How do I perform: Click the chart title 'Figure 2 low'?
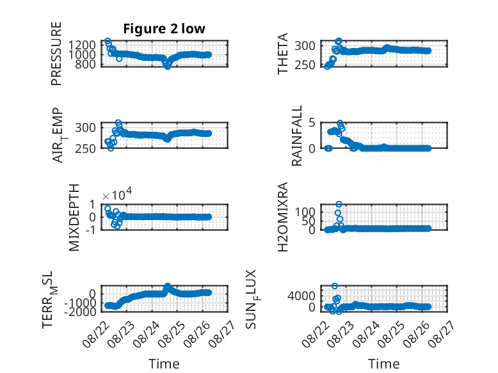pos(165,29)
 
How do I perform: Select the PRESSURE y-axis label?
pos(56,54)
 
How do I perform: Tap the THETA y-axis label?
pos(282,54)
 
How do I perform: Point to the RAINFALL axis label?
pos(296,136)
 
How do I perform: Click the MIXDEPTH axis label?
pos(74,218)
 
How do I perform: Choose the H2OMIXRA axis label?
pos(282,217)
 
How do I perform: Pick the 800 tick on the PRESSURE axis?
pos(86,65)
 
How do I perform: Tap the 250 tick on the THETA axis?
pos(305,65)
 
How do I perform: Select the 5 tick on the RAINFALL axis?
pos(312,122)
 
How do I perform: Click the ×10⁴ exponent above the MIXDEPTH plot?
pos(117,194)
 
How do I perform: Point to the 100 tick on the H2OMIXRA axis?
pos(305,212)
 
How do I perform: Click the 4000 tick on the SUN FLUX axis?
pos(301,296)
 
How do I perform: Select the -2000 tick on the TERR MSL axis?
pos(81,312)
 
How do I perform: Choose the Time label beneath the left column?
pos(164,364)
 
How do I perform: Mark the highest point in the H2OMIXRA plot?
pos(339,205)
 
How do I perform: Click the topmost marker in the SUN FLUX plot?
pos(334,286)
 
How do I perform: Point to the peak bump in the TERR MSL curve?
pos(167,287)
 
